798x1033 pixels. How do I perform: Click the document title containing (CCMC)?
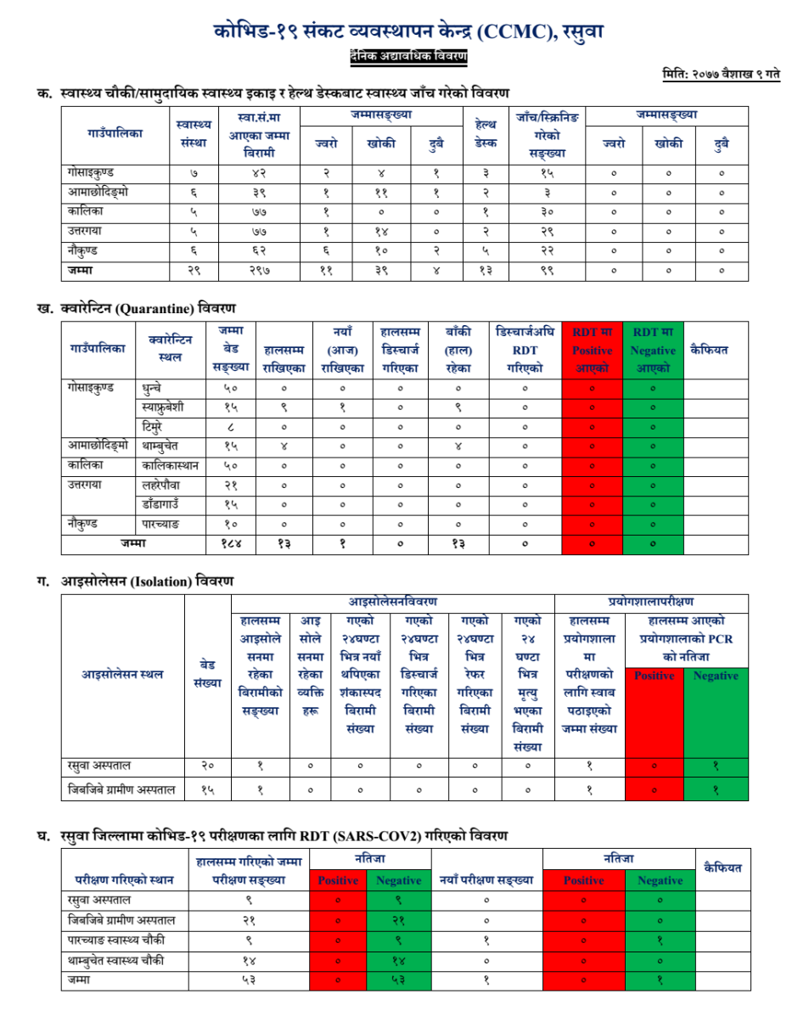[409, 33]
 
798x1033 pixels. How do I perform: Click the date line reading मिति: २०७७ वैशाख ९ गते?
[721, 75]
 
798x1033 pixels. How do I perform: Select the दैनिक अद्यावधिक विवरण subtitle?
[409, 56]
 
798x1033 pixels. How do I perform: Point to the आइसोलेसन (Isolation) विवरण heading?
[146, 581]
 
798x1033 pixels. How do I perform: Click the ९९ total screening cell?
[548, 271]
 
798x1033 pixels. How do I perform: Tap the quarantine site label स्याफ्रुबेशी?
[166, 407]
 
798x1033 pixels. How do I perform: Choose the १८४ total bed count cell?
[231, 542]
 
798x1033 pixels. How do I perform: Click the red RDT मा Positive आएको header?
[592, 350]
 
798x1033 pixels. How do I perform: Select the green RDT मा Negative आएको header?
[652, 350]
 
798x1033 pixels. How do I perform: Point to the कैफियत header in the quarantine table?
[715, 349]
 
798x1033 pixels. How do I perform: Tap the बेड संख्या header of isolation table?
[207, 675]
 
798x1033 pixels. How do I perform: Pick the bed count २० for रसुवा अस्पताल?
[207, 766]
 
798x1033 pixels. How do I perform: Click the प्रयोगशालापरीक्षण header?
[652, 603]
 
